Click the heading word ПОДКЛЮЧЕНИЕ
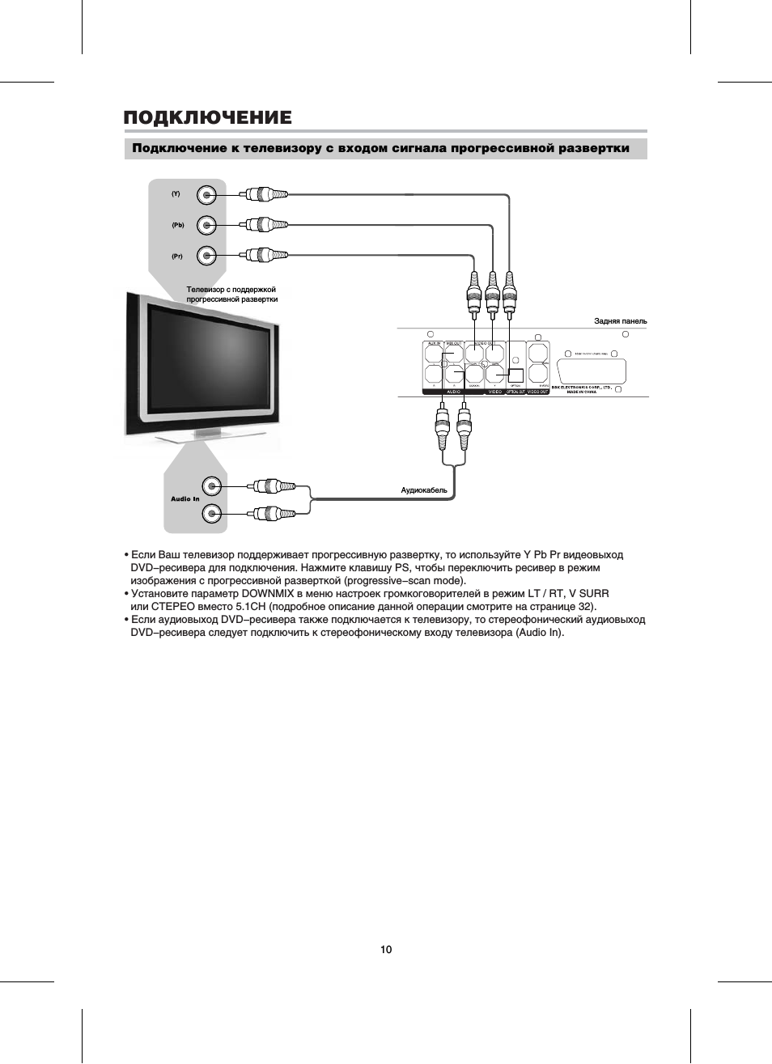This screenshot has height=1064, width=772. coord(207,118)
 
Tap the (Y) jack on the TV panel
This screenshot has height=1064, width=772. coord(208,194)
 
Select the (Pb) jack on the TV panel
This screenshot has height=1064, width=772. coord(208,225)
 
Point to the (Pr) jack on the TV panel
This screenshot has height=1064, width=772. coord(208,256)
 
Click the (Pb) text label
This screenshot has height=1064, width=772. coord(177,225)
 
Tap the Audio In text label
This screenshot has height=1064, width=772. coord(185,499)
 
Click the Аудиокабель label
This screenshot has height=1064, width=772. coord(424,490)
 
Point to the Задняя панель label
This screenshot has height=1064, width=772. coord(621,321)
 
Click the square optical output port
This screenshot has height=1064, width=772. coord(515,375)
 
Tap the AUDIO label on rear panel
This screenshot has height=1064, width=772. coord(452,392)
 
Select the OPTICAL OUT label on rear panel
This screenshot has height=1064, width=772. coord(516,392)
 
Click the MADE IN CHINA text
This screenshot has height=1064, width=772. coord(581,392)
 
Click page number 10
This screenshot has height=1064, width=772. coord(386,949)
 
